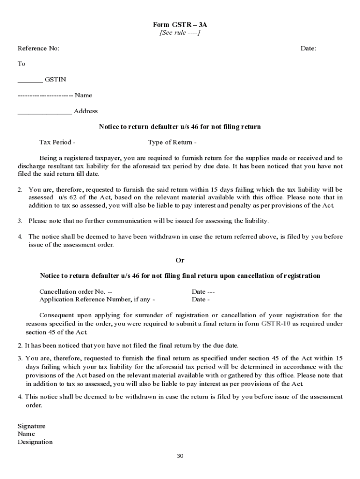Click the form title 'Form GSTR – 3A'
click(180, 24)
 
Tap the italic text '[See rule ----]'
click(180, 32)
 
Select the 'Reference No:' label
click(38, 48)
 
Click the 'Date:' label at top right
click(308, 48)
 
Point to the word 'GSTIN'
click(55, 80)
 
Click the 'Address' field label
click(86, 111)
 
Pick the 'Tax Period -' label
click(58, 142)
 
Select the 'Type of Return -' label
click(172, 142)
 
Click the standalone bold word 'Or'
click(180, 260)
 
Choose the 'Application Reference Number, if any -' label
click(97, 299)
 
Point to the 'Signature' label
click(31, 426)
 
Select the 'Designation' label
click(35, 442)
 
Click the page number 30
click(180, 456)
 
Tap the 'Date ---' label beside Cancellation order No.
click(203, 291)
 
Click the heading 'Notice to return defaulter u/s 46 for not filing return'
click(180, 127)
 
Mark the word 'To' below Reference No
click(22, 64)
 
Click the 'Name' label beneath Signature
click(26, 434)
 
